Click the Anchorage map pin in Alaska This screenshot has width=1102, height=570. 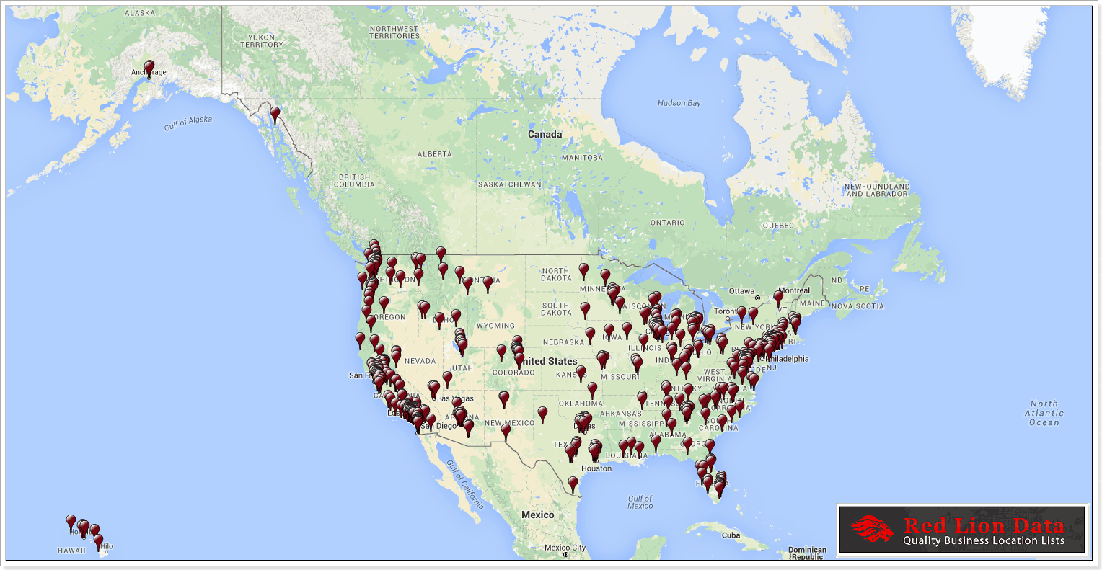pyautogui.click(x=149, y=68)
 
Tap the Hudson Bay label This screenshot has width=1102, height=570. pyautogui.click(x=679, y=103)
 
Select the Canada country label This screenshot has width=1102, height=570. pyautogui.click(x=545, y=134)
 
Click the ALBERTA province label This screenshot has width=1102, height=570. pyautogui.click(x=435, y=154)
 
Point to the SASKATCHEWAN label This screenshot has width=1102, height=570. pyautogui.click(x=509, y=184)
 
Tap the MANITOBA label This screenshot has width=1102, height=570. pyautogui.click(x=582, y=158)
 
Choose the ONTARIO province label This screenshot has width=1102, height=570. pyautogui.click(x=667, y=223)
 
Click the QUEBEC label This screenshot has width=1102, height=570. pyautogui.click(x=778, y=226)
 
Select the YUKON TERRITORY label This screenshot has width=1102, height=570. pyautogui.click(x=261, y=41)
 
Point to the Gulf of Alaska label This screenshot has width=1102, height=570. pyautogui.click(x=188, y=123)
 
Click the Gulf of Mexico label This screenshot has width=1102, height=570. pyautogui.click(x=640, y=502)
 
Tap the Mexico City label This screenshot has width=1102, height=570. pyautogui.click(x=565, y=548)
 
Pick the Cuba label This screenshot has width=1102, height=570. pyautogui.click(x=731, y=535)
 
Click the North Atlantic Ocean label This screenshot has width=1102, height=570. pyautogui.click(x=1044, y=413)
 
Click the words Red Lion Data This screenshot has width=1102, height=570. pyautogui.click(x=983, y=525)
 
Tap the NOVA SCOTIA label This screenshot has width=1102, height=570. pyautogui.click(x=858, y=306)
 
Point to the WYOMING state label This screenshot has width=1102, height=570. pyautogui.click(x=495, y=326)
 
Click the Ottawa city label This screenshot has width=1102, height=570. pyautogui.click(x=741, y=291)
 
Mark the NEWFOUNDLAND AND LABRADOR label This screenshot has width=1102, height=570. pyautogui.click(x=877, y=190)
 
